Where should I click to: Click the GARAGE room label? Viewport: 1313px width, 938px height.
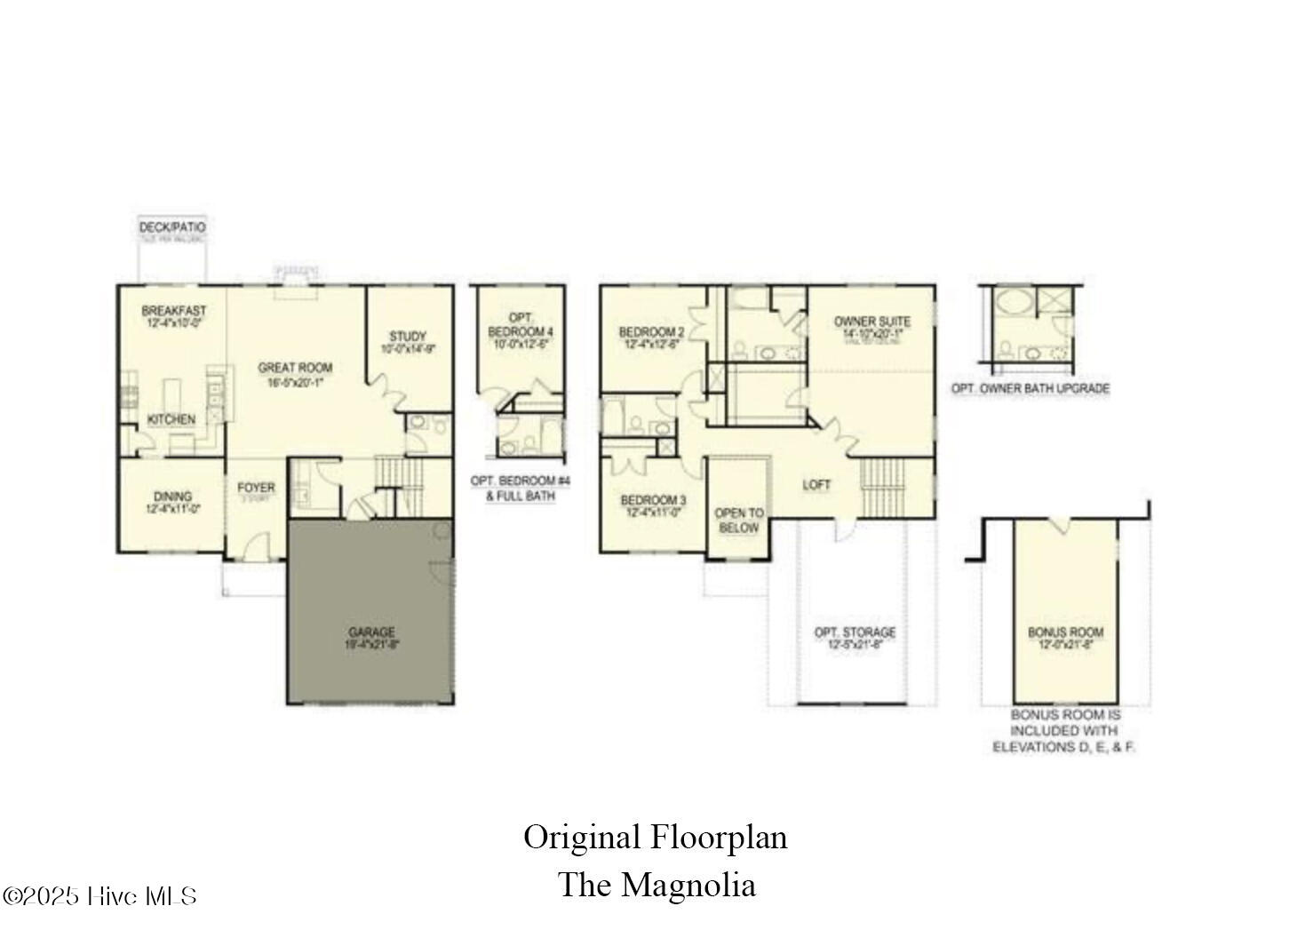point(370,632)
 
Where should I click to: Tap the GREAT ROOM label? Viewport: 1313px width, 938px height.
point(295,368)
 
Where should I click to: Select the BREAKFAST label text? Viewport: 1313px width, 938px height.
point(173,311)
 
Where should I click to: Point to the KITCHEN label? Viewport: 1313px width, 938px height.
point(171,419)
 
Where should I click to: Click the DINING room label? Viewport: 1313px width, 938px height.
point(172,497)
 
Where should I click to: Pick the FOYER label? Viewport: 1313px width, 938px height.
point(256,489)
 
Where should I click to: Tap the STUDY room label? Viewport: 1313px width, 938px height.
point(408,337)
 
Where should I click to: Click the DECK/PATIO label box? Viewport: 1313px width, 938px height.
point(172,227)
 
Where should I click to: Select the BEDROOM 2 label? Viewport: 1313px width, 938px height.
point(651,333)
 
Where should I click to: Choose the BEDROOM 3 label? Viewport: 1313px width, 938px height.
point(653,499)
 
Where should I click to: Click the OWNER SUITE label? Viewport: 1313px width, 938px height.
point(871,322)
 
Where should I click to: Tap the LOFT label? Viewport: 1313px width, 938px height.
point(816,485)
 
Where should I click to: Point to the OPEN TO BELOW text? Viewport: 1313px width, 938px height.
point(738,521)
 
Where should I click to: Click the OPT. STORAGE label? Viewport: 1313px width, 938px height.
point(855,632)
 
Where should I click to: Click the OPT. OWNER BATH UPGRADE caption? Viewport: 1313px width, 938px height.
point(1031,388)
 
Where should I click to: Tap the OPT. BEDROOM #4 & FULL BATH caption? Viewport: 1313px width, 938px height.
point(521,489)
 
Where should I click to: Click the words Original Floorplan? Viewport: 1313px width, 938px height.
point(655,837)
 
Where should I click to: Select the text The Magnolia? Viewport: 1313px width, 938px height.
point(656,885)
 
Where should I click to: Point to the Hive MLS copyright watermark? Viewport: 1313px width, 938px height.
point(99,896)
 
